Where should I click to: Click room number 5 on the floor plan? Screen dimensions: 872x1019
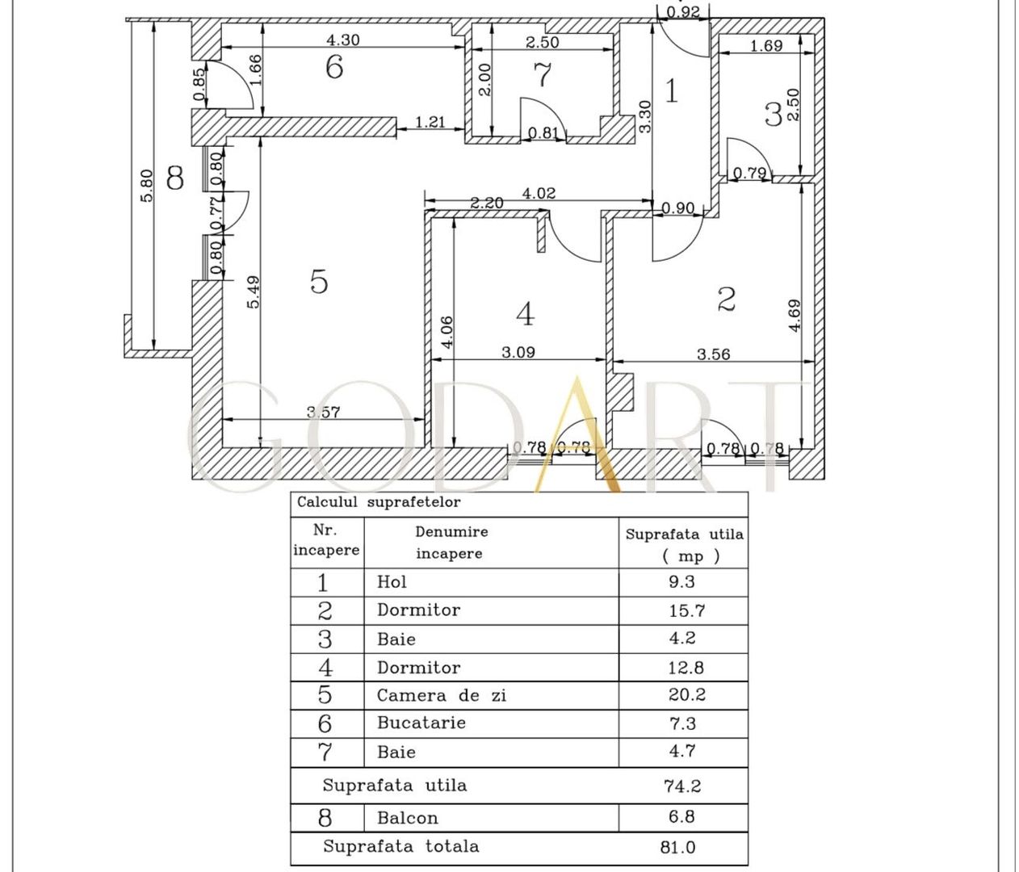(319, 282)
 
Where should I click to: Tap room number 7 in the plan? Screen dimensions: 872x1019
(543, 75)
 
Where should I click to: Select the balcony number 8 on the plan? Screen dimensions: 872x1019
(174, 178)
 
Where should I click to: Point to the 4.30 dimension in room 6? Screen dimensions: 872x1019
(342, 40)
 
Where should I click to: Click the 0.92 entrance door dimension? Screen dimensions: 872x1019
(682, 11)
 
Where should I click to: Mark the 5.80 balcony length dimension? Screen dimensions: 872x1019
(146, 186)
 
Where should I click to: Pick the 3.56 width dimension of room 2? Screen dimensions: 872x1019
(714, 354)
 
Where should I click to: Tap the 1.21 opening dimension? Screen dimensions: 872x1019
(430, 122)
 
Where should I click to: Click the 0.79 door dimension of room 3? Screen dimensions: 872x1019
(749, 173)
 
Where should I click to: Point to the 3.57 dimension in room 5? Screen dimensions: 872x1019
(323, 412)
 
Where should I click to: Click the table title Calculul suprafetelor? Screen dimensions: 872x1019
(379, 502)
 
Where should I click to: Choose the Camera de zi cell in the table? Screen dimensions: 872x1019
(442, 695)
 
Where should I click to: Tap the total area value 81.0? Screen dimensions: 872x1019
(677, 848)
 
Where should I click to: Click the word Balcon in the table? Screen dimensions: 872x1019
(407, 818)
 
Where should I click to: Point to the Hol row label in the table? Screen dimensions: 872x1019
(392, 582)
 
